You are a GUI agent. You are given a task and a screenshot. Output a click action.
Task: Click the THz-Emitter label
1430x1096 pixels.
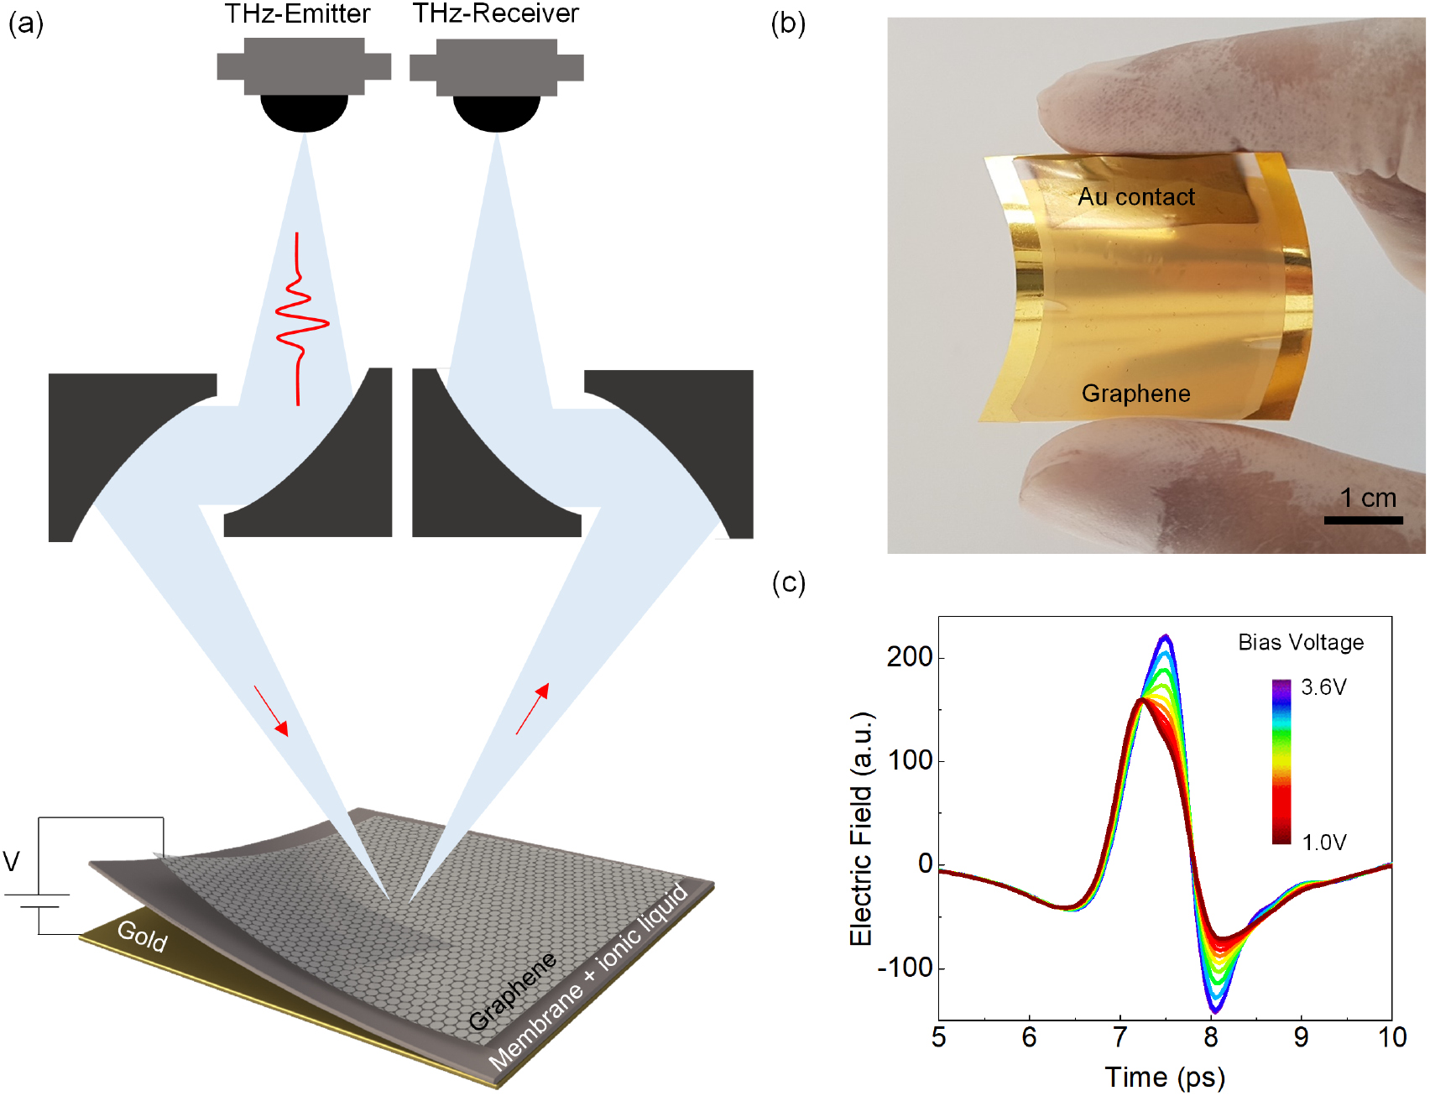[x=297, y=13]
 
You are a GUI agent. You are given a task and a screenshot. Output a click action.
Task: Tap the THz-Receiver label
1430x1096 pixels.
[x=495, y=13]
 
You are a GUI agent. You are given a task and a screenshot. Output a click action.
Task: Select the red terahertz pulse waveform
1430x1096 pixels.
[x=300, y=323]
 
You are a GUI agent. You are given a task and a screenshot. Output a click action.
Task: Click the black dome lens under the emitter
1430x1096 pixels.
[x=304, y=112]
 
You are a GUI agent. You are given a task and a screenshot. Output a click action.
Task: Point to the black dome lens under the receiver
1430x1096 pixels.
[x=496, y=113]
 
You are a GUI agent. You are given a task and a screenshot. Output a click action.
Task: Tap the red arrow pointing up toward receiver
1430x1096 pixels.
[x=532, y=709]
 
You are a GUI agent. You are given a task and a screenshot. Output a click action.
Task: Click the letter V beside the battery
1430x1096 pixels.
[x=12, y=862]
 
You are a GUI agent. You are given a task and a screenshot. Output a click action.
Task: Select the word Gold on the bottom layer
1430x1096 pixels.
[x=142, y=936]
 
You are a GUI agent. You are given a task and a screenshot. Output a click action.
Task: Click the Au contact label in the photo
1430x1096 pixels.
[x=1136, y=196]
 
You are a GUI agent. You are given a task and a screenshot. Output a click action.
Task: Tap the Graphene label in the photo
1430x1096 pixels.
[x=1135, y=394]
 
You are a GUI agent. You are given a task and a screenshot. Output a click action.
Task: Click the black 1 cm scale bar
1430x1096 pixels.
[x=1363, y=520]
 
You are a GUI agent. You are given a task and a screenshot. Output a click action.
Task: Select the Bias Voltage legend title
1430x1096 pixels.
[x=1301, y=643]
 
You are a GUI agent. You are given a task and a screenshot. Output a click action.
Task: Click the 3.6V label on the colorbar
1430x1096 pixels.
[x=1323, y=687]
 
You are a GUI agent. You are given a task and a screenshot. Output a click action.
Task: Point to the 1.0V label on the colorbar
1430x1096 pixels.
[x=1323, y=842]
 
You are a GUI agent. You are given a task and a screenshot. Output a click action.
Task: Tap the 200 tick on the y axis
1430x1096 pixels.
[x=910, y=657]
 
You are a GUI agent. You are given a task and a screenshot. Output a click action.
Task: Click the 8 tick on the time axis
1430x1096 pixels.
[x=1210, y=1038]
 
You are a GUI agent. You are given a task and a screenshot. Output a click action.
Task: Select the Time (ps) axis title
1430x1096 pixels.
[x=1165, y=1077]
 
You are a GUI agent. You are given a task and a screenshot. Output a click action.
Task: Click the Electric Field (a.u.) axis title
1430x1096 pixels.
[x=862, y=829]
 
